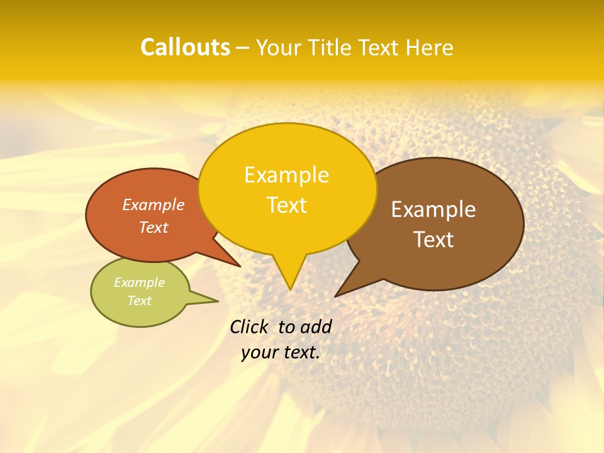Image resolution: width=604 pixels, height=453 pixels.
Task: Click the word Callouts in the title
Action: click(185, 47)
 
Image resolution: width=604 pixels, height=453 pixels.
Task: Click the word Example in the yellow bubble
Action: click(286, 175)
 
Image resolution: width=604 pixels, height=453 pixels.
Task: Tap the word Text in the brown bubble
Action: click(433, 239)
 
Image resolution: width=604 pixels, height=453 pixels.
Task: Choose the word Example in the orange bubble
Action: click(154, 204)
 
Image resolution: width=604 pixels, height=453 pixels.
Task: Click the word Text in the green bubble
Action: click(140, 301)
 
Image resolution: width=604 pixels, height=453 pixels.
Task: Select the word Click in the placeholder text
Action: click(250, 327)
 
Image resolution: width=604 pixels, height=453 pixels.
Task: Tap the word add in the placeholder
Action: click(316, 327)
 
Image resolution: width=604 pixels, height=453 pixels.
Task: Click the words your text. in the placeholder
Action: click(281, 352)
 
